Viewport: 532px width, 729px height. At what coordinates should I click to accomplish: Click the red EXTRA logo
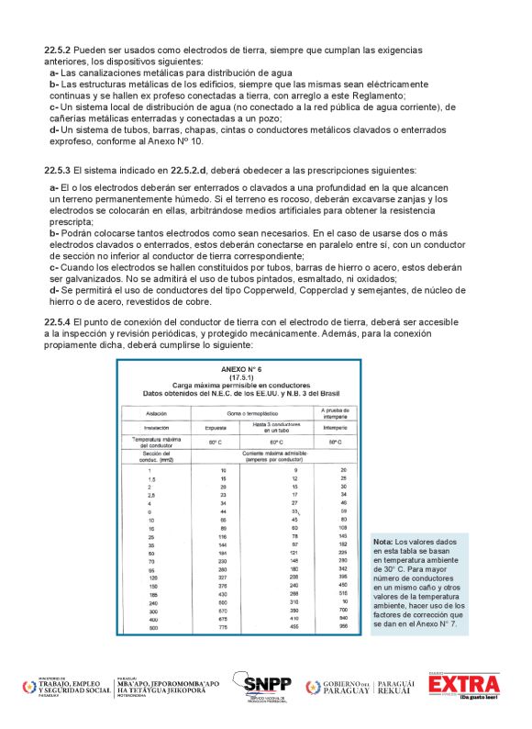[465, 686]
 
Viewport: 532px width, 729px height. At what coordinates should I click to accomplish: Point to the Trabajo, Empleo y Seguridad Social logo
[64, 687]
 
